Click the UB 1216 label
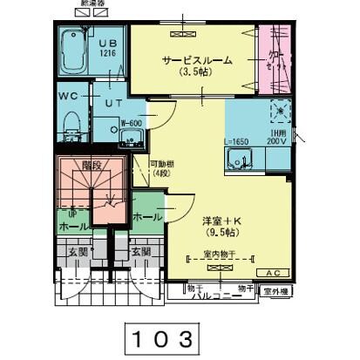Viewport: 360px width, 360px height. (107, 47)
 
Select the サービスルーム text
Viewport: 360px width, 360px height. (196, 60)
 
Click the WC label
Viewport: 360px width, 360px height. (69, 94)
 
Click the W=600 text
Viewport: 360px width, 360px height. (131, 123)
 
